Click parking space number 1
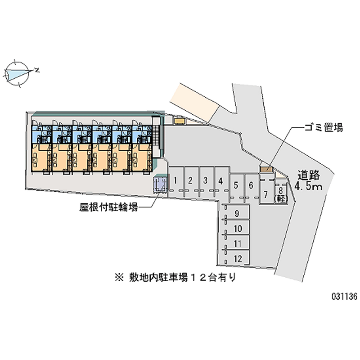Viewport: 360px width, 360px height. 175,181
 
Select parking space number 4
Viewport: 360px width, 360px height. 220,181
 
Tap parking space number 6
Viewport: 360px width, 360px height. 251,185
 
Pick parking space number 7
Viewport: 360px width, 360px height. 266,195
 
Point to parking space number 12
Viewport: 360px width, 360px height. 238,258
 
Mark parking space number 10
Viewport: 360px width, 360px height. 238,229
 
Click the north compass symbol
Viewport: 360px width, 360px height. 20,72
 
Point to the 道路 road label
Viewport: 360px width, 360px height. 310,175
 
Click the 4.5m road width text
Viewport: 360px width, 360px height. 309,186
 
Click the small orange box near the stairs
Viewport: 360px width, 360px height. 180,121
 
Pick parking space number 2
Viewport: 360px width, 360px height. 190,181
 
